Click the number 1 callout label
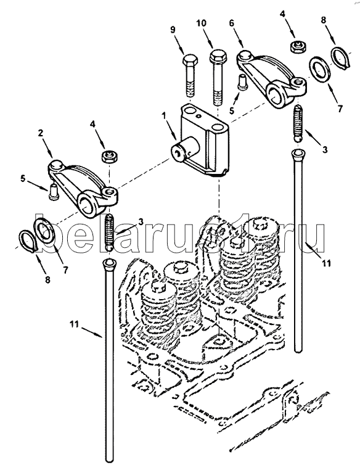(x=163, y=115)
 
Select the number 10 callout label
(x=202, y=23)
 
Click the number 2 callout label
(x=41, y=133)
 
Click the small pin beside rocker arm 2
(x=54, y=191)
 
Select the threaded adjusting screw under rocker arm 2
(x=110, y=232)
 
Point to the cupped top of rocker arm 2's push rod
(x=109, y=265)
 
